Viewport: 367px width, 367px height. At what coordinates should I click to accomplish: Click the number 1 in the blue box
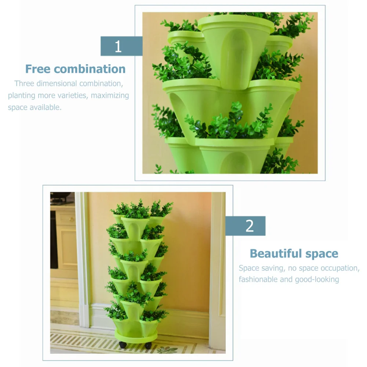point(118,47)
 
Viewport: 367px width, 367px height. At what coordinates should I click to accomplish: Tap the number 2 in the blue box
point(250,226)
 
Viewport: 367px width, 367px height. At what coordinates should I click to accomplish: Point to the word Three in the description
point(24,83)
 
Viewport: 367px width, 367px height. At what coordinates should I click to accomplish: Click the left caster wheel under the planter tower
point(123,345)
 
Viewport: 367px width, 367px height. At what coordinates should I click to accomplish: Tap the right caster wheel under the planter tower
point(148,345)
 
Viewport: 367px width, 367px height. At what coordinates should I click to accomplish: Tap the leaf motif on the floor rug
point(167,350)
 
